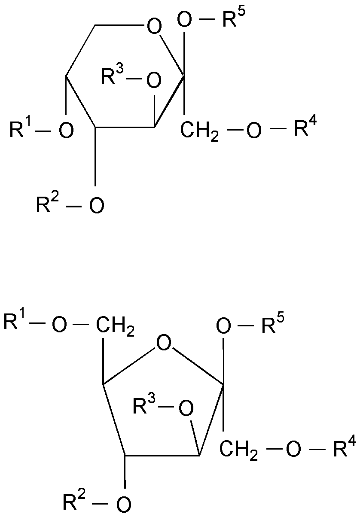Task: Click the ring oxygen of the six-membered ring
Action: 155,27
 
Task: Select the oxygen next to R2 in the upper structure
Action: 96,205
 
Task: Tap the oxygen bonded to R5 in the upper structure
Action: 186,20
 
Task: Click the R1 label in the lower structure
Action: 14,322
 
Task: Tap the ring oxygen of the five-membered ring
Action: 164,344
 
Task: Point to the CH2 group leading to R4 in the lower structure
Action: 238,451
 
